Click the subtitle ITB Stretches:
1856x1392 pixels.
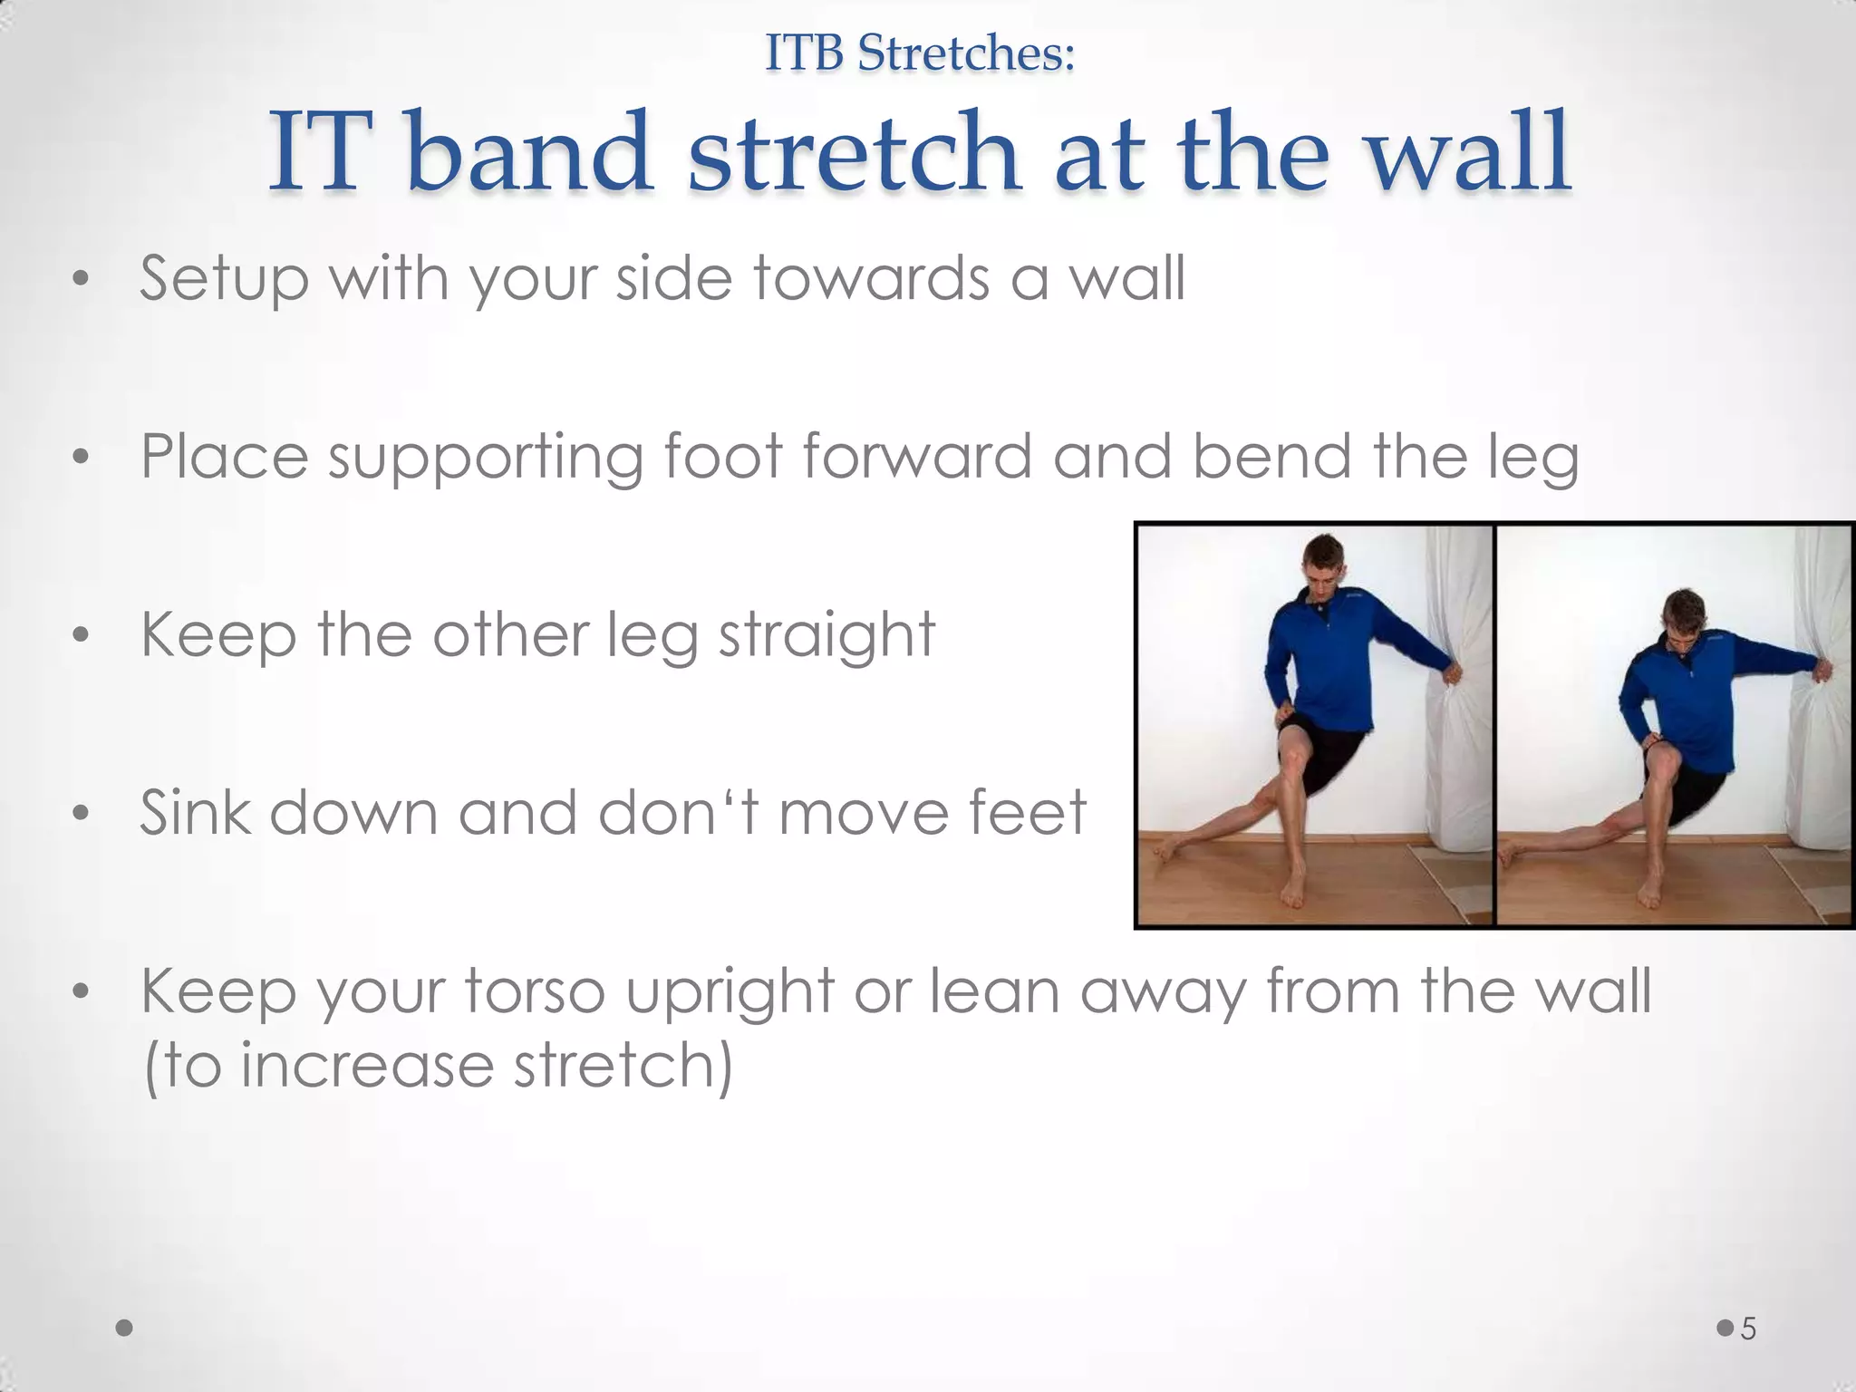click(920, 53)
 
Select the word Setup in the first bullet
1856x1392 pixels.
click(224, 278)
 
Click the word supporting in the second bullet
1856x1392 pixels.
click(485, 458)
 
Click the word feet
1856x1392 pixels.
click(1028, 812)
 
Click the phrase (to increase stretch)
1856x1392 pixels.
click(438, 1066)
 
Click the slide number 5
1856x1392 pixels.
click(1748, 1329)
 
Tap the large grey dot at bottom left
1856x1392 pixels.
click(125, 1329)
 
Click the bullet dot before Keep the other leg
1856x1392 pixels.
click(81, 635)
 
